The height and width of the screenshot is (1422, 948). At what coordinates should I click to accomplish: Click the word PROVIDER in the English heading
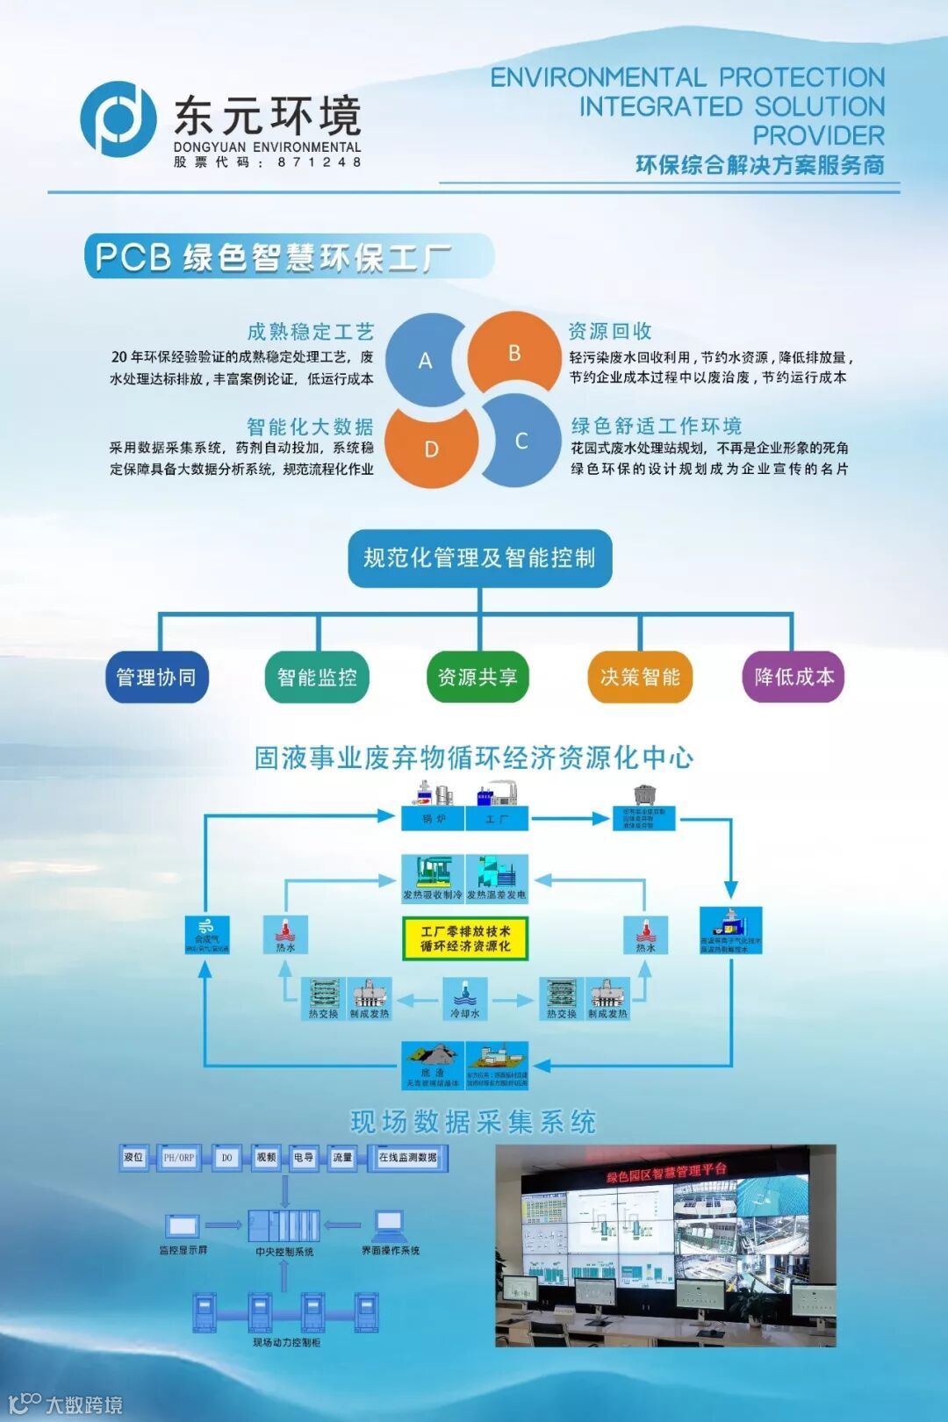tap(818, 136)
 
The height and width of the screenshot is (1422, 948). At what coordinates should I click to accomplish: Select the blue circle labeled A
tap(425, 360)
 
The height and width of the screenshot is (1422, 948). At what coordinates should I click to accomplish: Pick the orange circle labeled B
tap(514, 353)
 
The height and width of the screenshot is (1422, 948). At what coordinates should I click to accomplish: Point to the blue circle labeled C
tap(521, 441)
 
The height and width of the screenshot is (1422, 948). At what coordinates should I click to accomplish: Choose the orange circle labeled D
tap(431, 449)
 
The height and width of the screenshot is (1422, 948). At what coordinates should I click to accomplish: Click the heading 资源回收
tap(610, 331)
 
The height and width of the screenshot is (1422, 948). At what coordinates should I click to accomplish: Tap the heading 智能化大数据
tap(310, 427)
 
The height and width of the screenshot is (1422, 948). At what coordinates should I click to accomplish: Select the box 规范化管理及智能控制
tap(479, 557)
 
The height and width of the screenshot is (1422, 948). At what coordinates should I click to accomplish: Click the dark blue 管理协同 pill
tap(157, 677)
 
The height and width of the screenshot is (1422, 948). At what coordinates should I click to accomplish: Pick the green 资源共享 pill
tap(478, 677)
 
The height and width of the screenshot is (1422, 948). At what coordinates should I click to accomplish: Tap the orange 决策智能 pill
tap(640, 677)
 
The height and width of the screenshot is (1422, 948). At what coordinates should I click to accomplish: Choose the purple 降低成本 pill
tap(794, 677)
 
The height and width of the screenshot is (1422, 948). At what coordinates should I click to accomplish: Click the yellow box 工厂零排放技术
tap(465, 938)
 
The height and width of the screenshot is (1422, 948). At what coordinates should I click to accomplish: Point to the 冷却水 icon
tap(464, 1001)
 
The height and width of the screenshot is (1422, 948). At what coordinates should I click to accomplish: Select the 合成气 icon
tap(207, 933)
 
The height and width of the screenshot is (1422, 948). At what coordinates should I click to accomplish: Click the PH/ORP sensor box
tap(179, 1158)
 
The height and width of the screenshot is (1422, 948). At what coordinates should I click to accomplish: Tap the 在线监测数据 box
tap(408, 1158)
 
